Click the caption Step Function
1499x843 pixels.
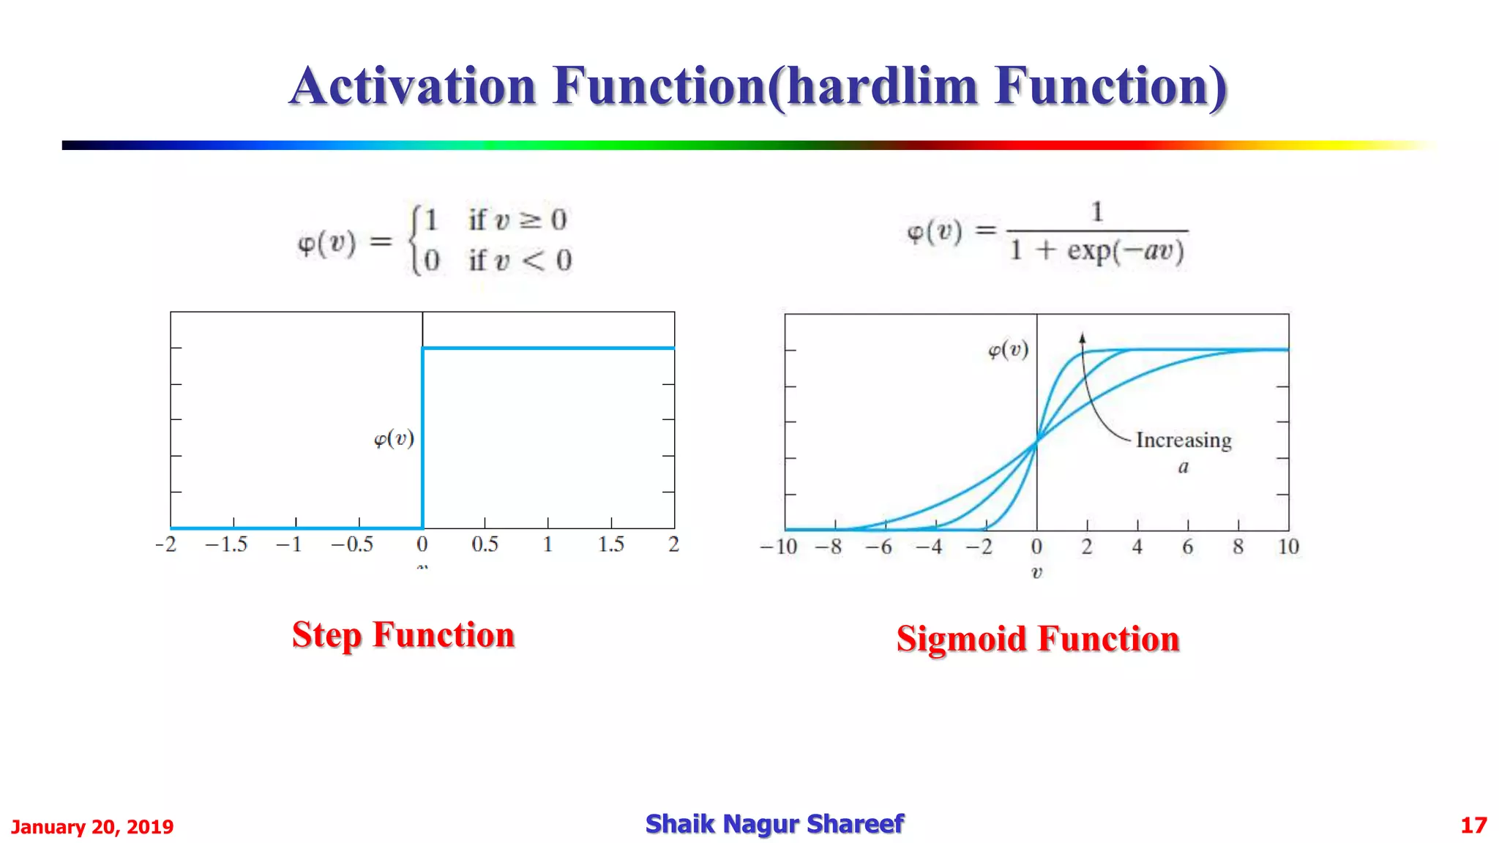(403, 634)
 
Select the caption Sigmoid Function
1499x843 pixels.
(1038, 639)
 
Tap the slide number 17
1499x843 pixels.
(1473, 825)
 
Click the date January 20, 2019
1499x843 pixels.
(92, 827)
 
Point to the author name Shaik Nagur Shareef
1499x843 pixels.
(774, 824)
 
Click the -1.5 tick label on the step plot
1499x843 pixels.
(226, 544)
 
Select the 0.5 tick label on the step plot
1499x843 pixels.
(485, 544)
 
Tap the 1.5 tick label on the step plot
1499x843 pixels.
(610, 544)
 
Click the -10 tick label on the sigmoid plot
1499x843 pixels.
(778, 547)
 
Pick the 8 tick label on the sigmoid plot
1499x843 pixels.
(1238, 547)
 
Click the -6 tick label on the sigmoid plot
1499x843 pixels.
(878, 547)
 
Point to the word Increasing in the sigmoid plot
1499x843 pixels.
(1184, 441)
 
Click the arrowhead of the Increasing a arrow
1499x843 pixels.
(1083, 338)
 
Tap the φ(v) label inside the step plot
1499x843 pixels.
(394, 439)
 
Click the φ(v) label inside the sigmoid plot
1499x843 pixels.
(1008, 351)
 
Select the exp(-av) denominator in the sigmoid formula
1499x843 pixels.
(1125, 251)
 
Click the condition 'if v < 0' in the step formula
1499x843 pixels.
(520, 261)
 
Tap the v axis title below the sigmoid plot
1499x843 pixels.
(1036, 573)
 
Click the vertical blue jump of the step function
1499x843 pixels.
(422, 439)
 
